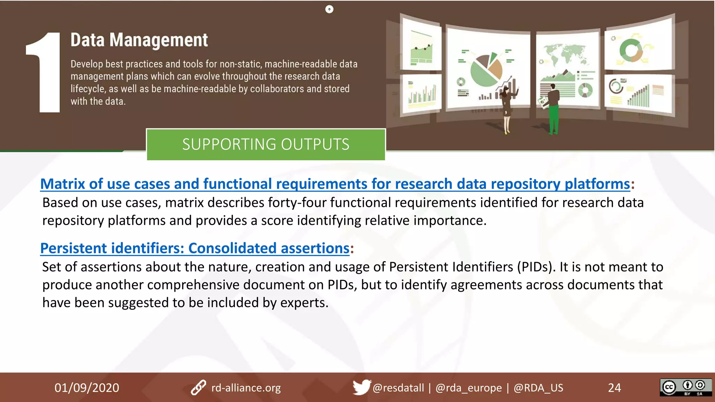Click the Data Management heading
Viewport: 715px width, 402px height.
pyautogui.click(x=139, y=40)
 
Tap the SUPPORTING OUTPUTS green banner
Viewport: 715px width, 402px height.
pyautogui.click(x=266, y=144)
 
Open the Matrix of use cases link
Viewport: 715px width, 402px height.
pyautogui.click(x=335, y=184)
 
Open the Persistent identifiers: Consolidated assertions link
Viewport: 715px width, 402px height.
pyautogui.click(x=195, y=248)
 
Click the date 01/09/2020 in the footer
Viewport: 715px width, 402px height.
pyautogui.click(x=87, y=388)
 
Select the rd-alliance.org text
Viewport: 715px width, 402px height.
pyautogui.click(x=246, y=388)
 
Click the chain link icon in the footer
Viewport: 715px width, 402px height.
pyautogui.click(x=198, y=387)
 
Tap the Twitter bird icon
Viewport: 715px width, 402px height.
pyautogui.click(x=361, y=387)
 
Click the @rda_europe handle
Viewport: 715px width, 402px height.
pyautogui.click(x=469, y=388)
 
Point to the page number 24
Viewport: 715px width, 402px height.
pyautogui.click(x=614, y=388)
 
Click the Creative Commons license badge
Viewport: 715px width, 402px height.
pyautogui.click(x=685, y=387)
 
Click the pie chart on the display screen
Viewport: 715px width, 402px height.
pyautogui.click(x=486, y=70)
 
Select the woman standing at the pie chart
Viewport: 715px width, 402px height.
pyautogui.click(x=506, y=108)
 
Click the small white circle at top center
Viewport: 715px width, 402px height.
pyautogui.click(x=329, y=9)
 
